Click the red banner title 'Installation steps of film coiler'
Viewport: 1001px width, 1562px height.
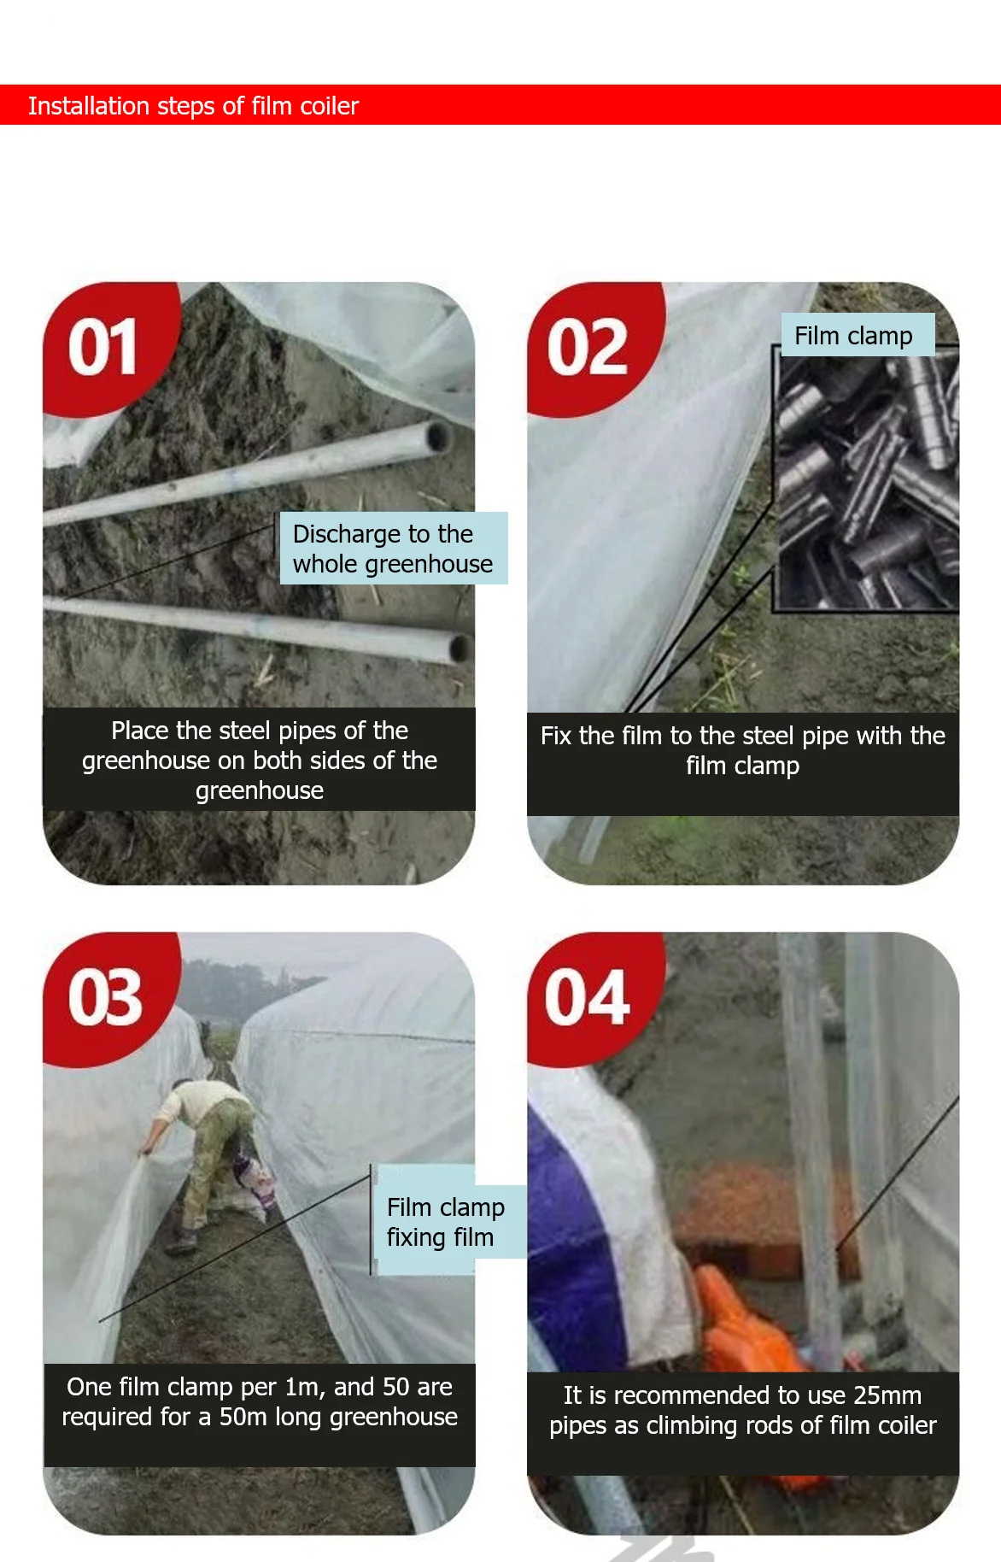pyautogui.click(x=193, y=106)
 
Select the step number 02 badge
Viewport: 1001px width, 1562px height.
pyautogui.click(x=588, y=347)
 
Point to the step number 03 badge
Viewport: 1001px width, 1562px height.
pyautogui.click(x=104, y=997)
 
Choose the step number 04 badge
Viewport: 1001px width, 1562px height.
pyautogui.click(x=588, y=997)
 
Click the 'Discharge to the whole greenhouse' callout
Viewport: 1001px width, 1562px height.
pyautogui.click(x=393, y=549)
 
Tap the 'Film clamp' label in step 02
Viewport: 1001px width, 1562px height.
pyautogui.click(x=854, y=336)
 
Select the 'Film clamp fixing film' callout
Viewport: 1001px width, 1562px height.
pyautogui.click(x=446, y=1222)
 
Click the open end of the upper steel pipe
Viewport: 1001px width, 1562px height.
pyautogui.click(x=440, y=437)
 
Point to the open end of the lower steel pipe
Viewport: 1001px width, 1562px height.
pyautogui.click(x=460, y=649)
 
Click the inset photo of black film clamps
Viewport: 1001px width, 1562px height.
pyautogui.click(x=867, y=483)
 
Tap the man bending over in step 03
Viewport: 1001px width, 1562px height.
pyautogui.click(x=209, y=1145)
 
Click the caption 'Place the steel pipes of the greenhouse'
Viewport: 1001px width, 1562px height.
pyautogui.click(x=259, y=760)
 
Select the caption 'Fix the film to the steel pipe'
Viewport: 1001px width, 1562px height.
pyautogui.click(x=742, y=750)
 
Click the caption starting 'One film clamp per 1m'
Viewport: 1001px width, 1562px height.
pyautogui.click(x=259, y=1401)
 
